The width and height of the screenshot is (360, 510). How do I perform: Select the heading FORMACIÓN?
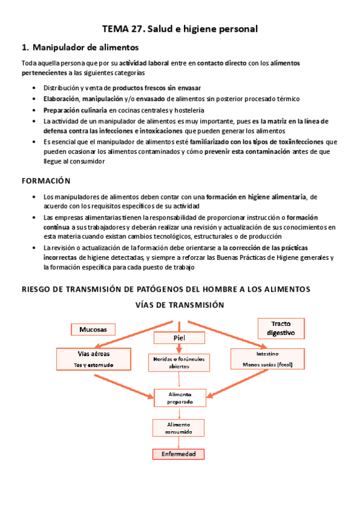[46, 180]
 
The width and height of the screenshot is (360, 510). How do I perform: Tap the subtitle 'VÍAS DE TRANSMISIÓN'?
[180, 305]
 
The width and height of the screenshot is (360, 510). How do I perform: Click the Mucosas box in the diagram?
[93, 330]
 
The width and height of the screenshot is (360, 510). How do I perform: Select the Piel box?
[179, 338]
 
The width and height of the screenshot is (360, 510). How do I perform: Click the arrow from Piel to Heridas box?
[179, 348]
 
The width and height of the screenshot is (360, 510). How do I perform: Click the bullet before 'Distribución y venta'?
[33, 88]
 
